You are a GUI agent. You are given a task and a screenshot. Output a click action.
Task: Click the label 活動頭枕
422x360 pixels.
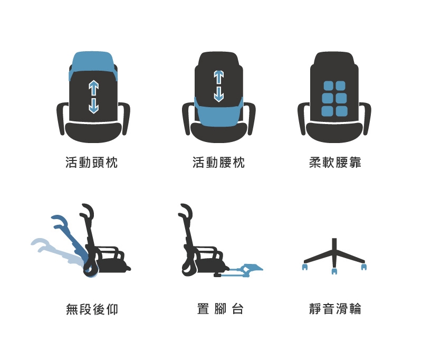pos(91,163)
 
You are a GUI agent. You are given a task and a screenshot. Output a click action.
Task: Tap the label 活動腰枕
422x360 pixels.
pos(218,163)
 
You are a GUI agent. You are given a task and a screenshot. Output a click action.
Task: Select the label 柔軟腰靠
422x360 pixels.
pos(335,163)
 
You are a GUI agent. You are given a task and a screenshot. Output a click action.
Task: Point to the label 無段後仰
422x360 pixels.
pos(92,309)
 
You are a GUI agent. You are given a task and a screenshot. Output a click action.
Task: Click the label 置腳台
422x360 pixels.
pos(220,309)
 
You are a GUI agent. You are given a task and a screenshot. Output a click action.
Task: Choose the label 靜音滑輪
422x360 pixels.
pos(335,309)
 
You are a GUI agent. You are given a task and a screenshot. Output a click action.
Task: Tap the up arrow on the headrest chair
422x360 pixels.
pos(93,88)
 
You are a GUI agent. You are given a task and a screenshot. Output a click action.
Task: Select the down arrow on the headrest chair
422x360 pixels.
pos(93,106)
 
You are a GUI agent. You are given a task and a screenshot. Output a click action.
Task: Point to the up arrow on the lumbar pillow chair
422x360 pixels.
pos(219,78)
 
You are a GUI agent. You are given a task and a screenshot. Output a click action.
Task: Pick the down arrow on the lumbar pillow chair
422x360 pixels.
pos(219,94)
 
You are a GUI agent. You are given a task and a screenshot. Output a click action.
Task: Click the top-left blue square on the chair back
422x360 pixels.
pos(328,86)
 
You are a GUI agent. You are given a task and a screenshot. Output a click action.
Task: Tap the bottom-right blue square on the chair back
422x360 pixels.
pos(342,111)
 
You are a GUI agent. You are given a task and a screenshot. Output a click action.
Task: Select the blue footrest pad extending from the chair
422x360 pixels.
pos(252,269)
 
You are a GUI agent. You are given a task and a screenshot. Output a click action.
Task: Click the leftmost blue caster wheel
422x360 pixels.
pos(305,267)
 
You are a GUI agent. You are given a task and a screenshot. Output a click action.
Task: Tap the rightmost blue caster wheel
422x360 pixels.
pos(364,267)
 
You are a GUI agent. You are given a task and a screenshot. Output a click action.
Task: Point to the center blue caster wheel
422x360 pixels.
pos(334,271)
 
